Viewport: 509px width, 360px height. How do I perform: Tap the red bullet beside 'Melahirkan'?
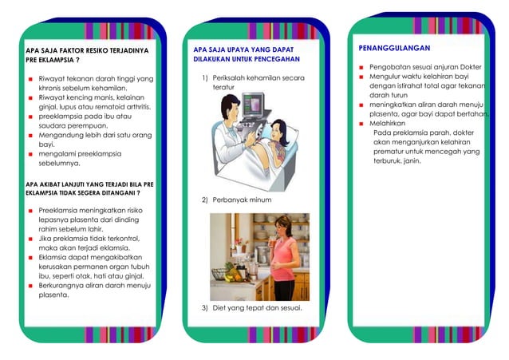361,125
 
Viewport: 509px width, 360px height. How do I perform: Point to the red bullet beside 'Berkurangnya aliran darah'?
30,285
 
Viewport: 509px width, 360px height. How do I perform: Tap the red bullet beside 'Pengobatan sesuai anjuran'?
361,68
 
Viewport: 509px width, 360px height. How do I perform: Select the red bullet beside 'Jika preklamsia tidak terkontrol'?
30,238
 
